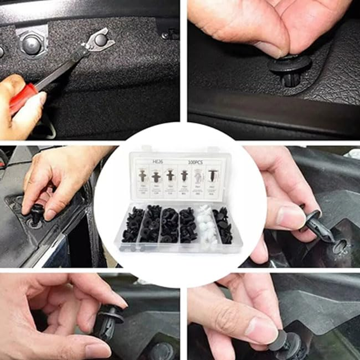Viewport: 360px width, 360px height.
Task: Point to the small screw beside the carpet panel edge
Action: click(x=166, y=35)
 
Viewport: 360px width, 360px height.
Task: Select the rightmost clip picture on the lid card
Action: click(x=212, y=175)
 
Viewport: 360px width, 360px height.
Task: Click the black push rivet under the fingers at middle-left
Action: click(x=37, y=213)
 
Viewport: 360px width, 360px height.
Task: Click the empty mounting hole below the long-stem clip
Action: click(x=340, y=245)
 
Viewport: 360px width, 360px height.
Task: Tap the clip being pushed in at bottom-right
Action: click(x=288, y=344)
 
